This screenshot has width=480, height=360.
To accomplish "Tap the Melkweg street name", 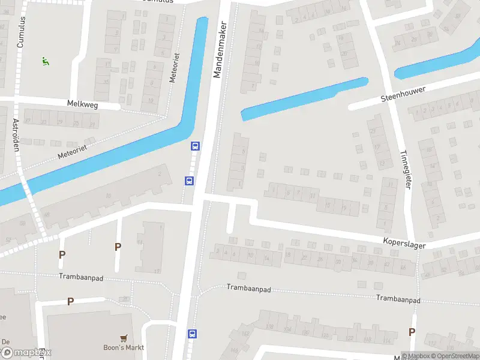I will (83, 104).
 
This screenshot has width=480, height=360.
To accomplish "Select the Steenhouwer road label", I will (403, 94).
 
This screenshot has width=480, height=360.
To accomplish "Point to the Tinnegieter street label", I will (406, 169).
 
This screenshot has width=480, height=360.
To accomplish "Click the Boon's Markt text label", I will (124, 347).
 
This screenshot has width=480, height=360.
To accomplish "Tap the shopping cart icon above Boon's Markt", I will (124, 338).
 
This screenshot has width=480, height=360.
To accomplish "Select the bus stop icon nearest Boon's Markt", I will (193, 333).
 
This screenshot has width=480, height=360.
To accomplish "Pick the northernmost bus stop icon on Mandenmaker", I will (195, 146).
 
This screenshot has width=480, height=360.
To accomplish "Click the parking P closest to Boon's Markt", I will (70, 302).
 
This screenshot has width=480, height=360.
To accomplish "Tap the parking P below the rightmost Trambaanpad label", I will (412, 332).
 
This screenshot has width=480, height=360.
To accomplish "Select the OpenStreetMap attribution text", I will (453, 356).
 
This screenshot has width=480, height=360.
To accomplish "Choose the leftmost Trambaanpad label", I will (82, 277).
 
